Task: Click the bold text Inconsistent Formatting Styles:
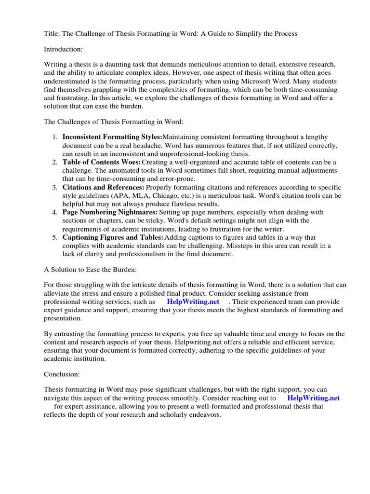click(x=113, y=137)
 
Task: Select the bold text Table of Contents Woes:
click(x=102, y=162)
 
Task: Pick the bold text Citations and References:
click(x=103, y=187)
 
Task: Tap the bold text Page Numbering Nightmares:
click(x=110, y=212)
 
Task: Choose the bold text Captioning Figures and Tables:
click(x=113, y=237)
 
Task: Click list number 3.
click(x=55, y=187)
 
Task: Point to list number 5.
click(x=55, y=237)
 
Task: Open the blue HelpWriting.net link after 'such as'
click(x=193, y=302)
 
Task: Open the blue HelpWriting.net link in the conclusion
click(x=313, y=398)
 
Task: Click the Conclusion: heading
click(x=62, y=374)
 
